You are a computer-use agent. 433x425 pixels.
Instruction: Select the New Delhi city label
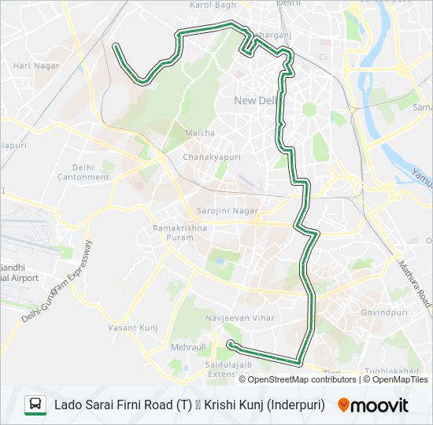click(x=255, y=100)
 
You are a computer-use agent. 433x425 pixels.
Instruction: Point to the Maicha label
click(x=199, y=133)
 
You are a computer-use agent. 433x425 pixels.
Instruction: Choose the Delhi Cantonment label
click(x=83, y=172)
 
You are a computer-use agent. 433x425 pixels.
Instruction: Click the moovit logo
click(x=373, y=405)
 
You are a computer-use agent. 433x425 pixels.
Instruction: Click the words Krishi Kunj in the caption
click(x=237, y=405)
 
